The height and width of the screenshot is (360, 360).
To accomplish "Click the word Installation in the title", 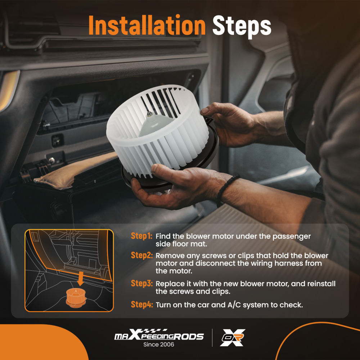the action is point(147,25).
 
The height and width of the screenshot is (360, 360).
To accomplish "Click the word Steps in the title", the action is point(242,26).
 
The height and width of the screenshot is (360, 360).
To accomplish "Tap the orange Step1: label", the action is point(141,236).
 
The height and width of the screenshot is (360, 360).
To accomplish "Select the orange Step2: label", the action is point(141,255).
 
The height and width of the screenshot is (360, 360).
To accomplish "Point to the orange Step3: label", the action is point(141,283).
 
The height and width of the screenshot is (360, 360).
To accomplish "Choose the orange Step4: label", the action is point(141,305).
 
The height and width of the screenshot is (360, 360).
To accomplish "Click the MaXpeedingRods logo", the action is point(159,335).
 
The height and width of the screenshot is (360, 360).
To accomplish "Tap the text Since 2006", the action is point(159,345).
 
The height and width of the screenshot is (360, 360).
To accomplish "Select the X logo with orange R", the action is point(232,338).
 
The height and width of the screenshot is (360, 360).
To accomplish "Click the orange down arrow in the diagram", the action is point(80,279).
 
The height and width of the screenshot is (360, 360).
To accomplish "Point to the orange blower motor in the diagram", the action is point(76,298).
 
